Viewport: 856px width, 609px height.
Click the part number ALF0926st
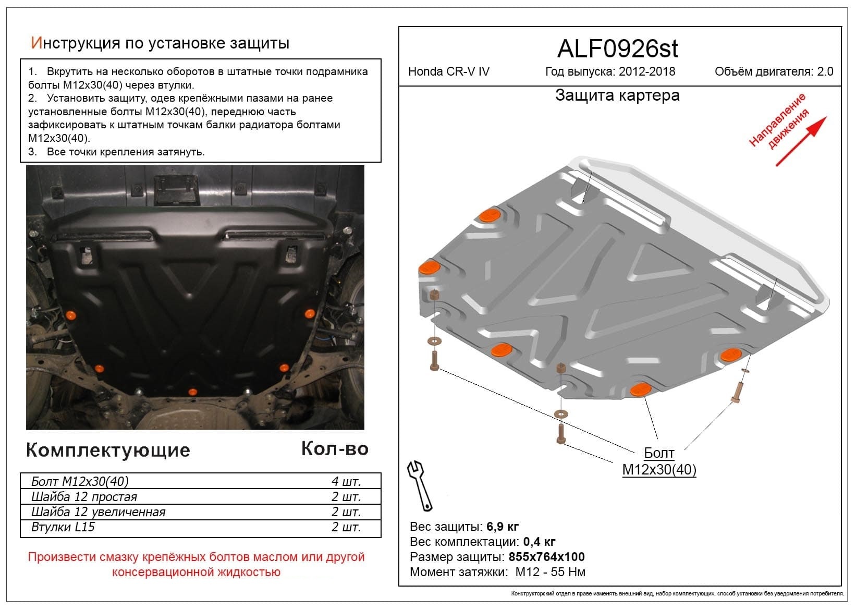(617, 49)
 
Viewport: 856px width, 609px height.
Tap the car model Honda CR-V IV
(448, 72)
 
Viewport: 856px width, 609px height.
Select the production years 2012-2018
(646, 72)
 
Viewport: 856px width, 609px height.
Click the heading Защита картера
(617, 95)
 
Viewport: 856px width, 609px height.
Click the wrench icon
(420, 485)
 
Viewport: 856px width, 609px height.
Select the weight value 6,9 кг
(503, 526)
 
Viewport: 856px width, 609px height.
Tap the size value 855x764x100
(547, 557)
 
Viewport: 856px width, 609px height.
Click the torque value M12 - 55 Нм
(551, 572)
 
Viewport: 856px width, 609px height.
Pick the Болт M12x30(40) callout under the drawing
(659, 461)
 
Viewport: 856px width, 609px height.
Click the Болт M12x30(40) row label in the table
(80, 481)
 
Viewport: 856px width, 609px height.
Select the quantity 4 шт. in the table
(346, 481)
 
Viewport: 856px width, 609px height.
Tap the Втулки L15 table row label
(63, 527)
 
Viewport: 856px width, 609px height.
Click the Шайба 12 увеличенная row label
(98, 512)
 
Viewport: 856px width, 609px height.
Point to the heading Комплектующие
(108, 450)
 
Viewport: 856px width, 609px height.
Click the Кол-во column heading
(335, 448)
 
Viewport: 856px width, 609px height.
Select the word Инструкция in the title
(76, 43)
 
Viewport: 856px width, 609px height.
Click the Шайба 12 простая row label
(84, 497)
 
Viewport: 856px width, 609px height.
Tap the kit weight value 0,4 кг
(539, 542)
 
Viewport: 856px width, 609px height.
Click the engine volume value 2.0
(825, 72)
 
